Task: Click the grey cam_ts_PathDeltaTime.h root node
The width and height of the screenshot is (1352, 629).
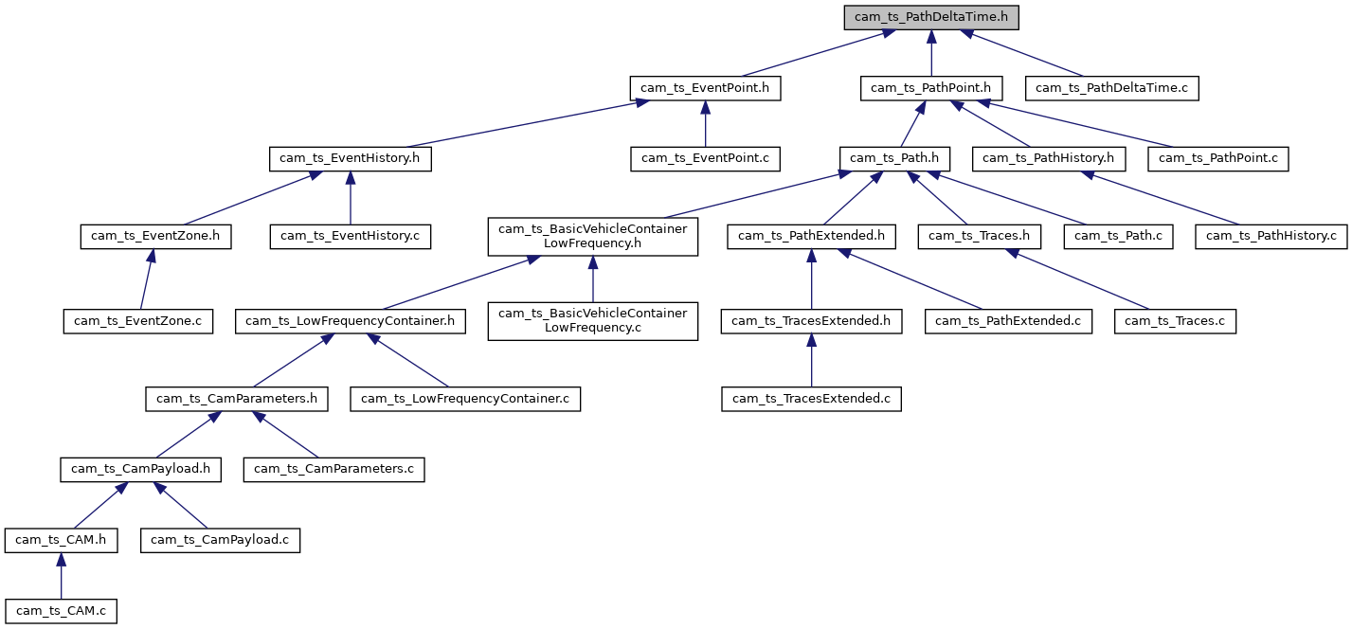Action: coord(931,17)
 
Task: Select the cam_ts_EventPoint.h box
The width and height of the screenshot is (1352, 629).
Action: coord(704,88)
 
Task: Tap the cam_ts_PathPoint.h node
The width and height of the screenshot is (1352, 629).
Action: coord(930,88)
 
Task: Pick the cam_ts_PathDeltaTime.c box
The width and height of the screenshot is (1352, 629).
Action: coord(1112,88)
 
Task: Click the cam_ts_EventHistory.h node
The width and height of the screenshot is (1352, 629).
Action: coord(350,158)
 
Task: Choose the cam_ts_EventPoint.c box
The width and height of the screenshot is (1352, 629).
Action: coord(705,158)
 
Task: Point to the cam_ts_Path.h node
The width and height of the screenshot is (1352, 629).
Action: coord(894,158)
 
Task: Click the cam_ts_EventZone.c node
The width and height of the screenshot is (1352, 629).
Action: coord(138,321)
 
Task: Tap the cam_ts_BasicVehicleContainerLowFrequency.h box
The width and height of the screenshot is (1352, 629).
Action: coord(593,236)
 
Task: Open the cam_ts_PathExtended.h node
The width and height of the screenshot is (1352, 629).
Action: coord(811,236)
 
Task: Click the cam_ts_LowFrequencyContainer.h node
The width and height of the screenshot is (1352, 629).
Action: coord(350,321)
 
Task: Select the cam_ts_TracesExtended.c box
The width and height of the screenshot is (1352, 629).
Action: coord(811,399)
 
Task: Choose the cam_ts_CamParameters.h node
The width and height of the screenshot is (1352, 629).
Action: coord(237,399)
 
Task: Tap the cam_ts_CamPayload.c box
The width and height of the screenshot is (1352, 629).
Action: coord(221,540)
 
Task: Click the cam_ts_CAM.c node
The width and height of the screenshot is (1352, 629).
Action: coord(61,611)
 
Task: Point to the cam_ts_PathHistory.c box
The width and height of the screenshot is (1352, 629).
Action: coord(1271,236)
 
